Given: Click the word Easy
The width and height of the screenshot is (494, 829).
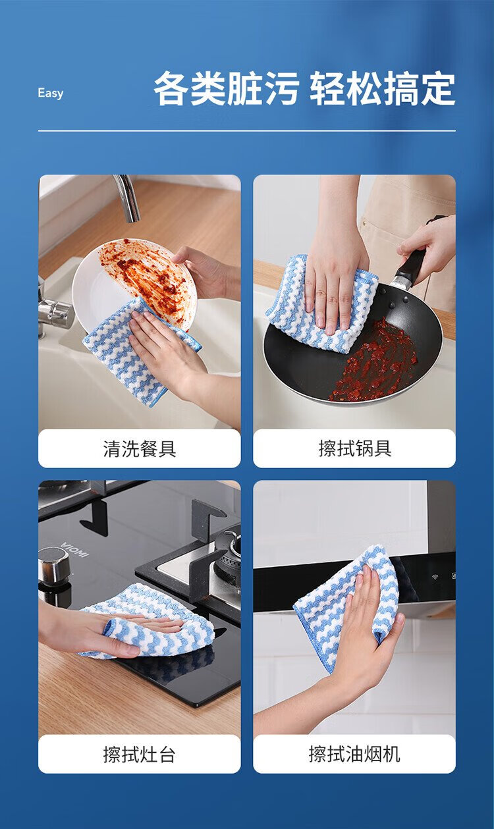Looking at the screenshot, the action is pyautogui.click(x=50, y=94).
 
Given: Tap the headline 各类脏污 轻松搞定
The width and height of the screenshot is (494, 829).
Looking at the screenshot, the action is pyautogui.click(x=304, y=89).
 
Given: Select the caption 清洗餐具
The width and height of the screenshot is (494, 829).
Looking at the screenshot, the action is pyautogui.click(x=139, y=448).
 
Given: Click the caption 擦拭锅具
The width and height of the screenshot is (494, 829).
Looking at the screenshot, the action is pyautogui.click(x=355, y=448).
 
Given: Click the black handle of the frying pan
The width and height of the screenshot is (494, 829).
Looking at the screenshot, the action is pyautogui.click(x=412, y=265).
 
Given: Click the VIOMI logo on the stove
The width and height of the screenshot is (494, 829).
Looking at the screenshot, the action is pyautogui.click(x=75, y=549).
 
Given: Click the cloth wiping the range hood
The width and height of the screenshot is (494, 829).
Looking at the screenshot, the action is pyautogui.click(x=346, y=601).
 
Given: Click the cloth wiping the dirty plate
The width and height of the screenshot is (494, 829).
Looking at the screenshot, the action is pyautogui.click(x=142, y=352).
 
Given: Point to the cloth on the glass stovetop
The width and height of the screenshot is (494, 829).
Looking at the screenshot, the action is pyautogui.click(x=148, y=621).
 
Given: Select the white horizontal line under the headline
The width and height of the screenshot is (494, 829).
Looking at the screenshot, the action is pyautogui.click(x=246, y=130).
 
